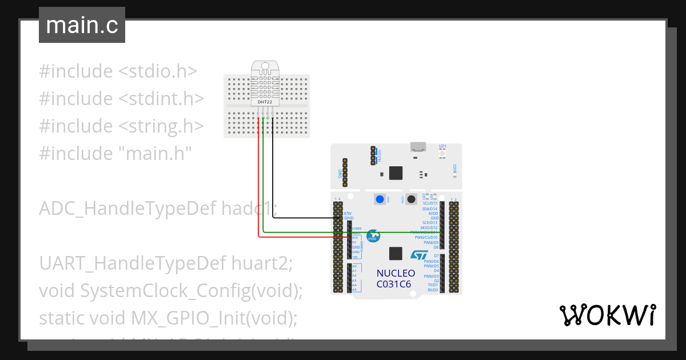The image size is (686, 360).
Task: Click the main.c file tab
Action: pyautogui.click(x=82, y=26)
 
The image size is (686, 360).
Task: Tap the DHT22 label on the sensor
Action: pyautogui.click(x=265, y=102)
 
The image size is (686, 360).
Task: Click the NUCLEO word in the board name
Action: pyautogui.click(x=396, y=274)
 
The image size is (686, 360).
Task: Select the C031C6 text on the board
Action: pyautogui.click(x=393, y=283)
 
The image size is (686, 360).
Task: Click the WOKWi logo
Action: pyautogui.click(x=607, y=315)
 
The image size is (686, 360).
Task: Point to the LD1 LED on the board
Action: pyautogui.click(x=442, y=152)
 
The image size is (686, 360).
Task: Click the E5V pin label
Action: pyautogui.click(x=348, y=213)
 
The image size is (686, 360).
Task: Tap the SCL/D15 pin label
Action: pyautogui.click(x=430, y=203)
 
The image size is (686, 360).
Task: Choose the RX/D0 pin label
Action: pyautogui.click(x=432, y=290)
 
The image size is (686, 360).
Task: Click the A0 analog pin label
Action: pyautogui.click(x=354, y=266)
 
